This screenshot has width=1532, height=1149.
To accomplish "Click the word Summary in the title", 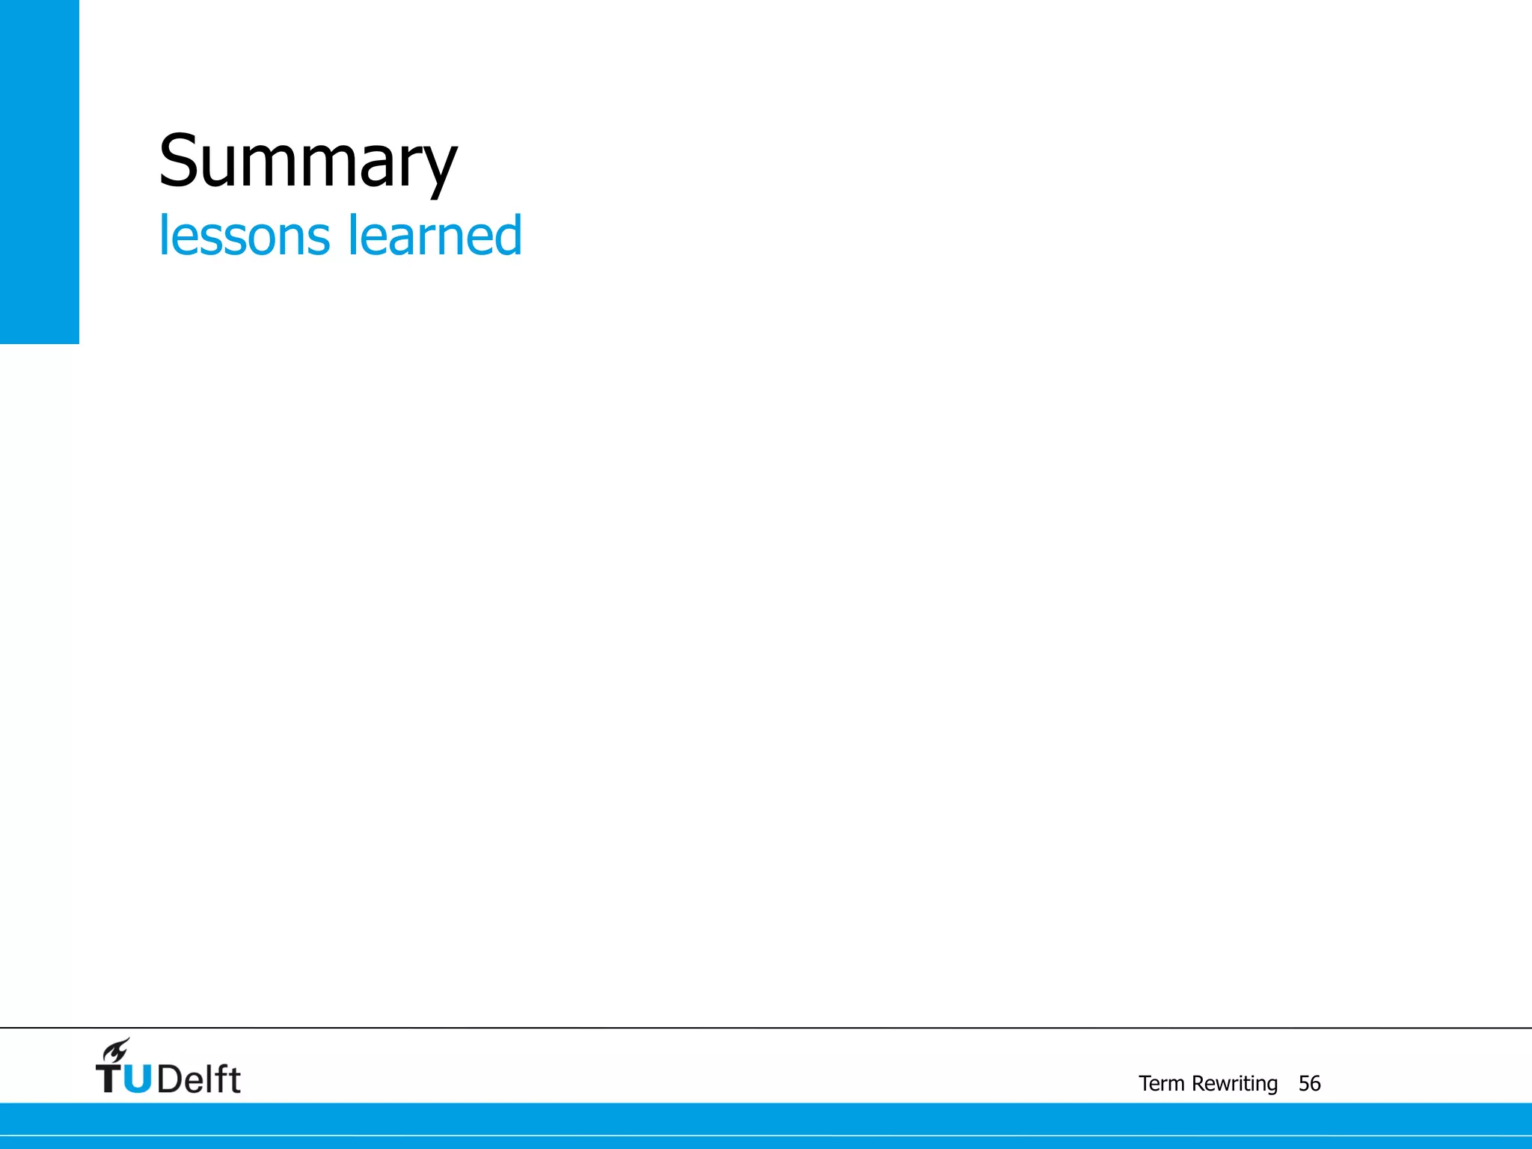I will [x=307, y=162].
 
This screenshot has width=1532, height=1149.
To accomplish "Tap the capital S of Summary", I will [x=178, y=160].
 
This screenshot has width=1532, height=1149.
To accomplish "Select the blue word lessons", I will [x=244, y=236].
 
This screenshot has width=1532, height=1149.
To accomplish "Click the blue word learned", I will [x=435, y=236].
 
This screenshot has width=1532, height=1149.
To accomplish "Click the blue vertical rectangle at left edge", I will [x=39, y=171].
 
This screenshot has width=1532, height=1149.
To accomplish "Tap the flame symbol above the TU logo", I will [x=117, y=1050].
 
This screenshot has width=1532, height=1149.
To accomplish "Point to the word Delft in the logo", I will [x=199, y=1078].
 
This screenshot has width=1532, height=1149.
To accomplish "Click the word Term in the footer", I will [x=1161, y=1083].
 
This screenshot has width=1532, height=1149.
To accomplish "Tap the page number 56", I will [x=1309, y=1083].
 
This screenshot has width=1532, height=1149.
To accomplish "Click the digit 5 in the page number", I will [x=1304, y=1083].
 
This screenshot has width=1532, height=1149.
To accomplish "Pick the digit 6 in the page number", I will [x=1315, y=1083].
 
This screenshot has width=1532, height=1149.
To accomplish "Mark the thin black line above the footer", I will [x=766, y=1028].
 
